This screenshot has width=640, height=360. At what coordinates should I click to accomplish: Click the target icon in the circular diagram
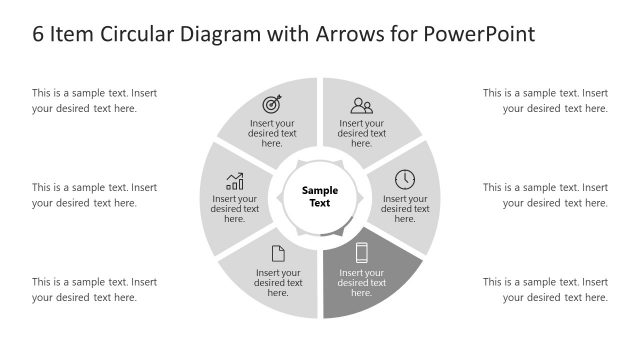pos(272,104)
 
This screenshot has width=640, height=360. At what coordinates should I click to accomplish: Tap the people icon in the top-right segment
pos(361,104)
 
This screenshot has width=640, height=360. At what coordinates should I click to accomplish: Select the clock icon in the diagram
pos(405,179)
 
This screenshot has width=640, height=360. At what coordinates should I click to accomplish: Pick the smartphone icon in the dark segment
pos(362,253)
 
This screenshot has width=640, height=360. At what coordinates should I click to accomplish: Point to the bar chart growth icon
pos(235,181)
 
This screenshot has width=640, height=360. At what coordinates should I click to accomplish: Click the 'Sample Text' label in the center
pos(320,196)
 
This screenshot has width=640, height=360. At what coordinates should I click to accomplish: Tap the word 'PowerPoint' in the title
pos(479,34)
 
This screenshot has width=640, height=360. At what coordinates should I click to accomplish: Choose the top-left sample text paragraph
pos(94,101)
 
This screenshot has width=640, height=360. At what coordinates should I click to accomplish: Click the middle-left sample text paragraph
pos(94,195)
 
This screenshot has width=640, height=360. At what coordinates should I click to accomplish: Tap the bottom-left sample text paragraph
pos(94,289)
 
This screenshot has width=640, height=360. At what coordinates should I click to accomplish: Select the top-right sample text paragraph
pos(545,101)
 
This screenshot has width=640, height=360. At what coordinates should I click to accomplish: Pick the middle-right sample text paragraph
pos(545,195)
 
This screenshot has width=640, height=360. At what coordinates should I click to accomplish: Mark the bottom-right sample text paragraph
pos(545,289)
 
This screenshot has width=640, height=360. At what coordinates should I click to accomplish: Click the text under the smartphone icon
pos(362,283)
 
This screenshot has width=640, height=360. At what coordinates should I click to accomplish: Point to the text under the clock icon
pos(405,209)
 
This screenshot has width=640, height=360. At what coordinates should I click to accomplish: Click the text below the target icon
pos(272,133)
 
